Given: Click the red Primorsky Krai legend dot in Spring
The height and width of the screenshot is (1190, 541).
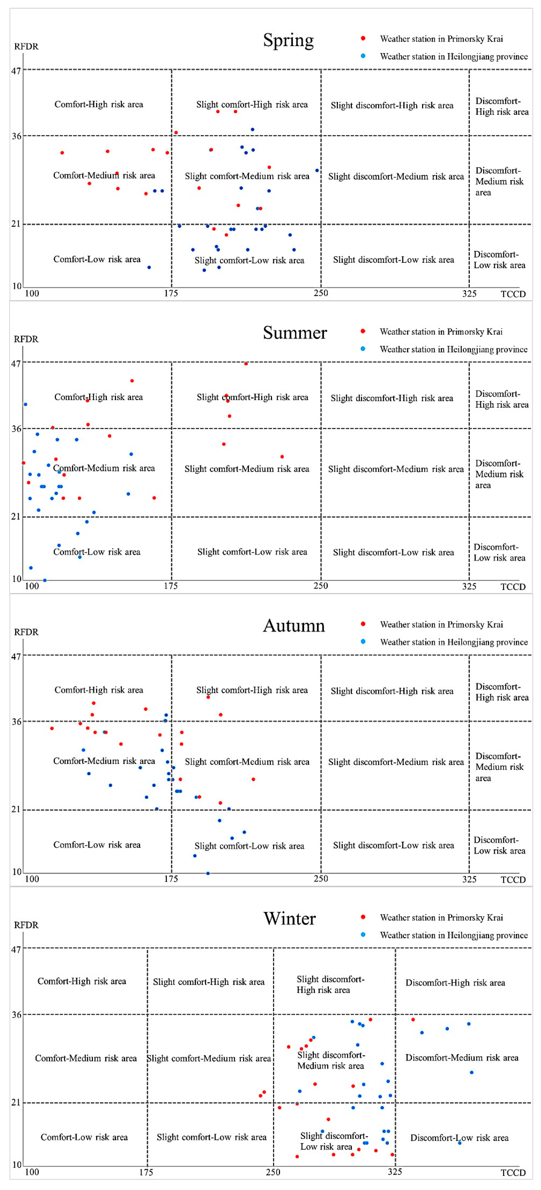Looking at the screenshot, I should coord(363,38).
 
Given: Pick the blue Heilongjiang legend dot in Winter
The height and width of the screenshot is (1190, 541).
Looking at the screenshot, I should coord(363,935).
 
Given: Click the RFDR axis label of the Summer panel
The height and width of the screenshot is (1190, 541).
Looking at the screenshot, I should coord(26,339).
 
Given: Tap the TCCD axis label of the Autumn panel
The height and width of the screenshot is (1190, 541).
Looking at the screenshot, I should coord(513,880).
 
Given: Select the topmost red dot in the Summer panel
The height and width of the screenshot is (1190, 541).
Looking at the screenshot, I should coord(246,364).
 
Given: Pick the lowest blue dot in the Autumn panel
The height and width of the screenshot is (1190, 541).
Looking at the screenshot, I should coord(208,873).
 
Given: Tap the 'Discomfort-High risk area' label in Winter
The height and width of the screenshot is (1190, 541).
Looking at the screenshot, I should coord(455,983).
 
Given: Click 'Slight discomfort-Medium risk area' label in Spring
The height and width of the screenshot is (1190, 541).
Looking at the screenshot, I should coord(396,176).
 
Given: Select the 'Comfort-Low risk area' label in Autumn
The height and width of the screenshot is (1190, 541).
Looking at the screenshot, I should coord(97,844).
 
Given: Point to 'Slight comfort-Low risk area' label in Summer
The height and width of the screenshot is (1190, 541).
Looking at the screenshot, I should coord(252,551).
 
